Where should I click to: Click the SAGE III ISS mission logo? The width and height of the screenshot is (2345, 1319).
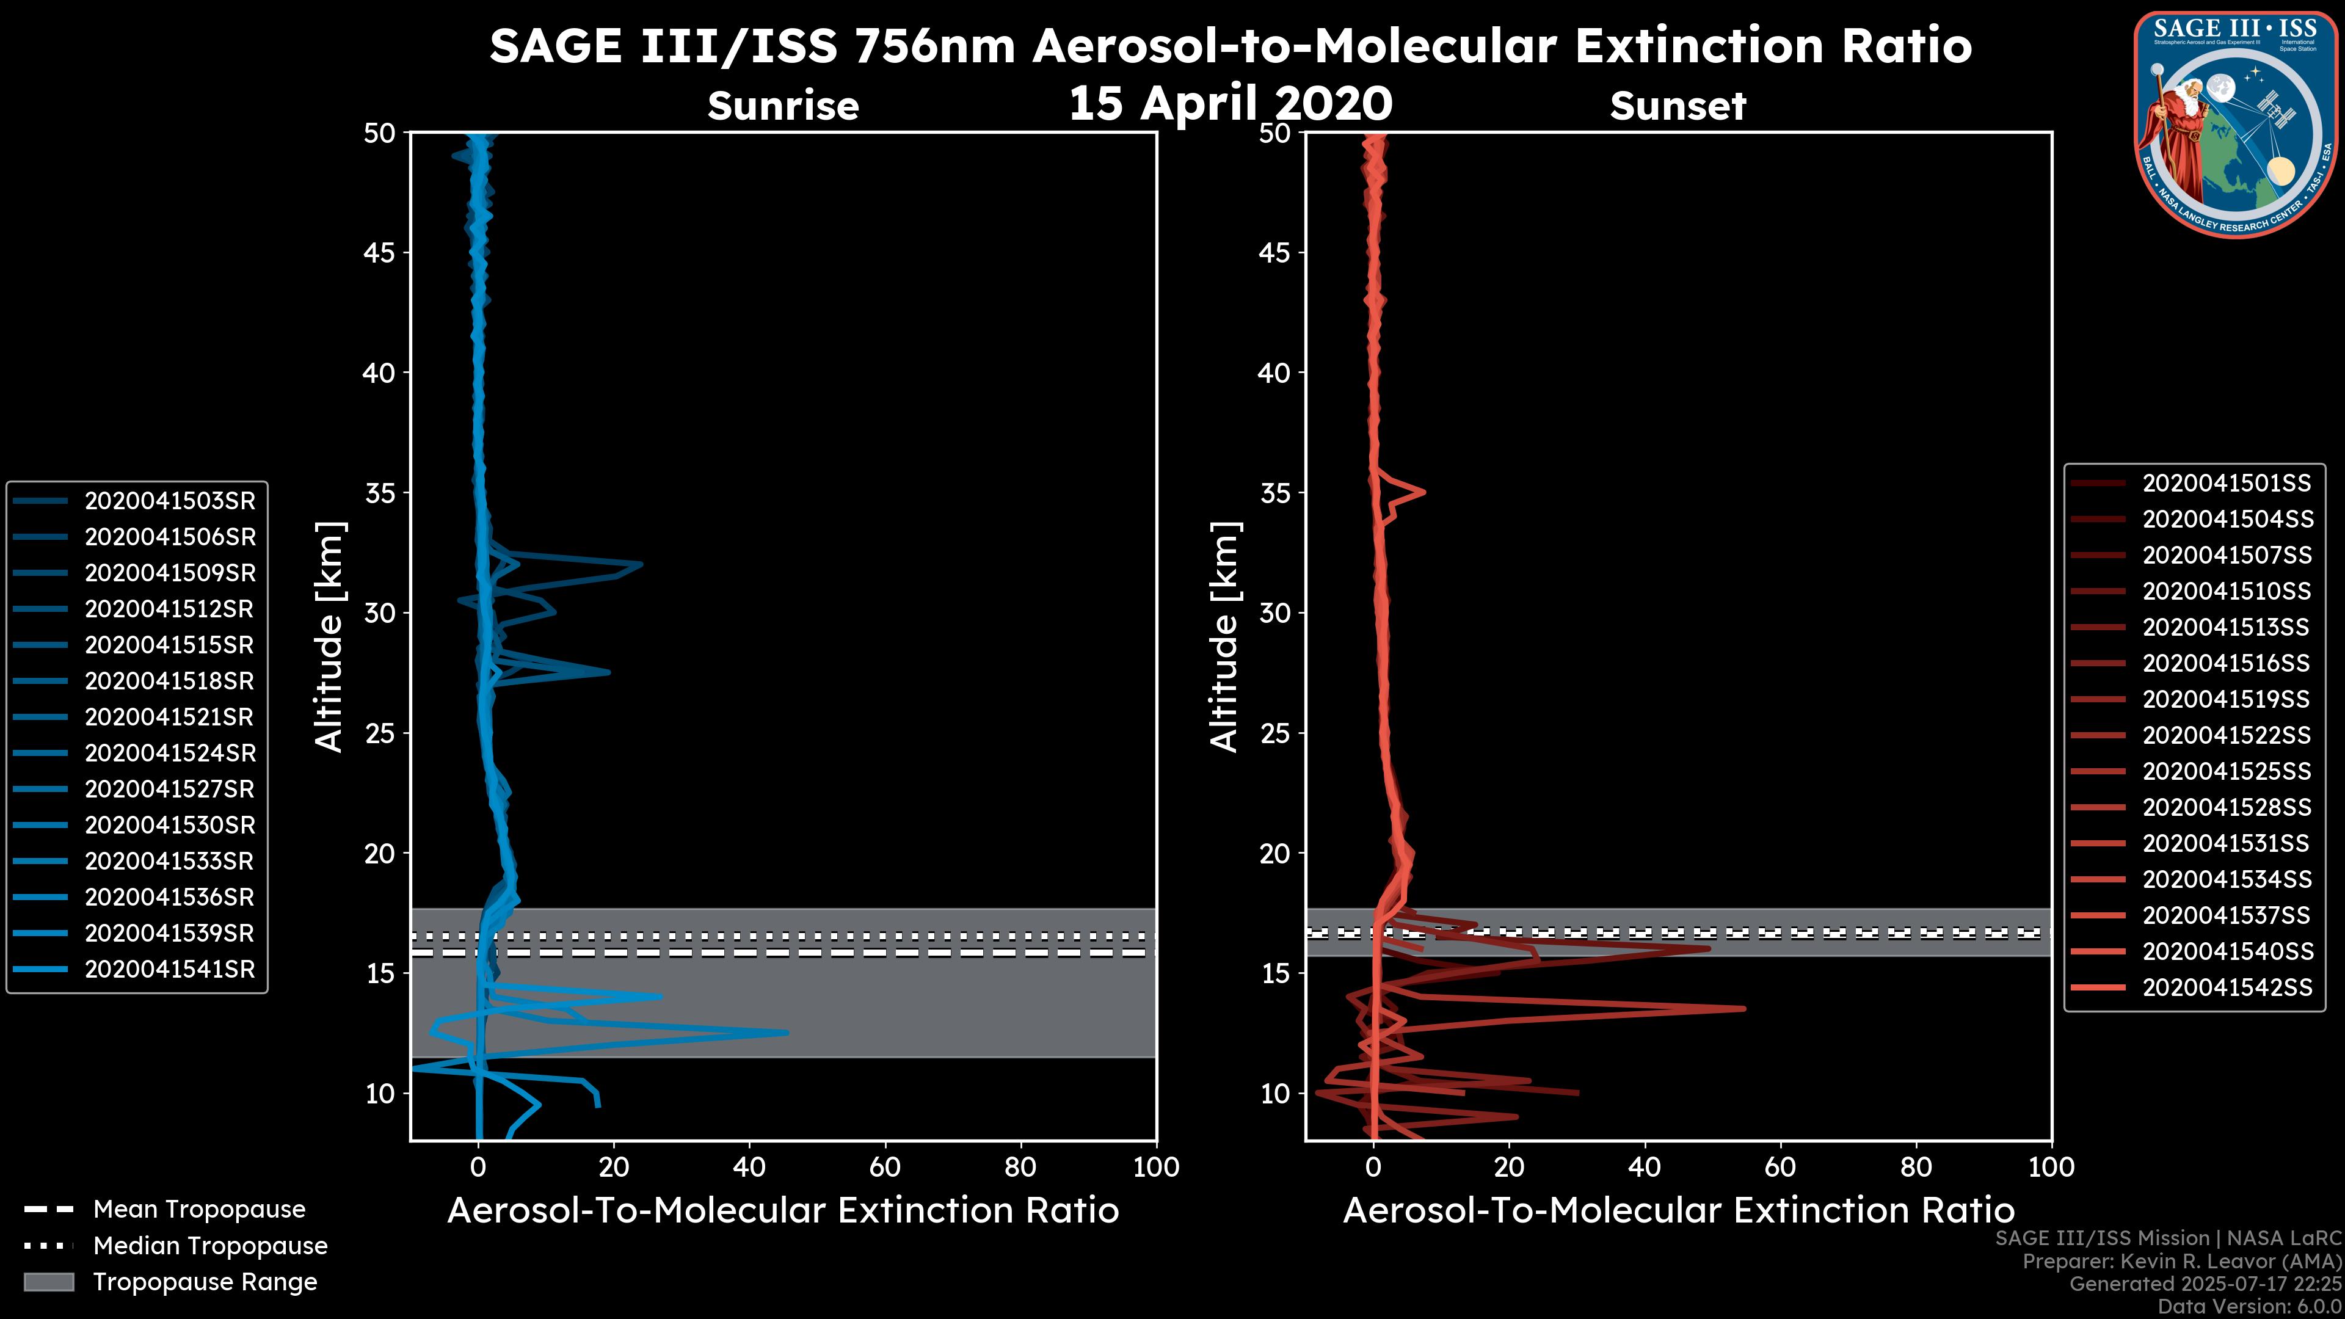click(2236, 125)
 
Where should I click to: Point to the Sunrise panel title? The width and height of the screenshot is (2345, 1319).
click(783, 106)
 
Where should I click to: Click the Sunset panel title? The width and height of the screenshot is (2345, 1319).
click(1678, 106)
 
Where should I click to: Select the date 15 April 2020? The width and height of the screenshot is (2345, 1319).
click(1230, 103)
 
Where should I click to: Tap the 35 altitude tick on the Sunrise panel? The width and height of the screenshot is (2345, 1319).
click(380, 493)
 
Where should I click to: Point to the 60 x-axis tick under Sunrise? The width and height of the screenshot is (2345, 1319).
click(885, 1168)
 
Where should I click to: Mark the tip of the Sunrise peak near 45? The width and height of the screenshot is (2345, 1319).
click(787, 1032)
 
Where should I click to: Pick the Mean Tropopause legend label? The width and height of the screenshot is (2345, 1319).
click(199, 1210)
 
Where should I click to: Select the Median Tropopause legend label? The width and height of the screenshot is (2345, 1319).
click(210, 1246)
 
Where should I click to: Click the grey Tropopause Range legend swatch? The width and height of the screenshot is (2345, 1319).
click(49, 1282)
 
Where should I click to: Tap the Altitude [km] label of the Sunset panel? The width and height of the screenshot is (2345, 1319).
click(1224, 636)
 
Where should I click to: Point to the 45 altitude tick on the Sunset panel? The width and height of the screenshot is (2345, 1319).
click(1275, 253)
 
